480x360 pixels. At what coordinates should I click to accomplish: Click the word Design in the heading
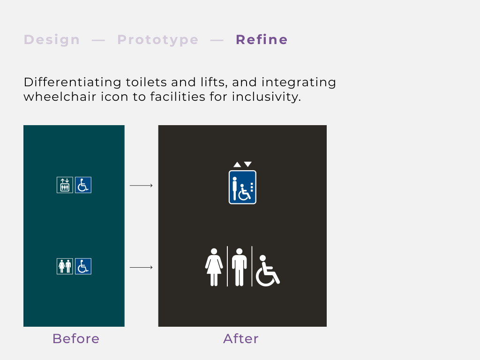tap(52, 40)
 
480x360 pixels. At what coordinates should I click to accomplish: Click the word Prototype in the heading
tap(158, 40)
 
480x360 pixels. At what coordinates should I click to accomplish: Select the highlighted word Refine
tap(262, 40)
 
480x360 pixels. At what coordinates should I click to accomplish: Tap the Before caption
tap(76, 338)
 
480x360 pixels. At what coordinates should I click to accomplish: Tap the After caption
tap(241, 338)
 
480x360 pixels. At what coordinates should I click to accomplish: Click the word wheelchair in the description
tap(60, 97)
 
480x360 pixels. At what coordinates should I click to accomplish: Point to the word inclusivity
tap(266, 97)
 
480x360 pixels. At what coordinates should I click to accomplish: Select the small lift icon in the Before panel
tap(65, 185)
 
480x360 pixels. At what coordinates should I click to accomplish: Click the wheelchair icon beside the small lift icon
tap(83, 185)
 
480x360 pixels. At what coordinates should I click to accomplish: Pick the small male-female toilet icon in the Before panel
tap(65, 266)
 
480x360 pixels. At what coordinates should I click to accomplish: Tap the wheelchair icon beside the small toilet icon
tap(83, 266)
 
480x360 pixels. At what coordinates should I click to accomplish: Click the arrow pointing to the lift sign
tap(141, 185)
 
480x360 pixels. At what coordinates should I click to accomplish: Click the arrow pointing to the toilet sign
tap(141, 267)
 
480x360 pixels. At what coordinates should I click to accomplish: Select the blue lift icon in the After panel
tap(242, 187)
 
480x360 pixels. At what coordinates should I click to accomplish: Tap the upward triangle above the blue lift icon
tap(237, 165)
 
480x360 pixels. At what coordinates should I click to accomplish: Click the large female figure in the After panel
tap(214, 267)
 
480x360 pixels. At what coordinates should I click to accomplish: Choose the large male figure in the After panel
tap(240, 267)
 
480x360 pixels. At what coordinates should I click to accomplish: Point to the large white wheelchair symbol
tap(267, 271)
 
